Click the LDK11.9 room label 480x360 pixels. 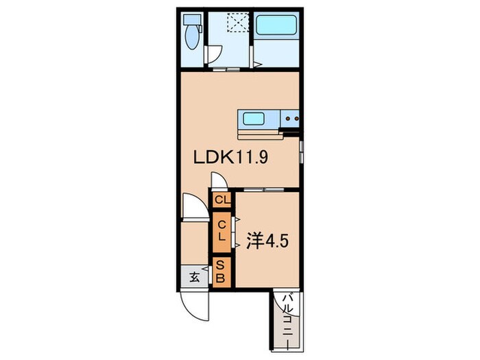(231, 158)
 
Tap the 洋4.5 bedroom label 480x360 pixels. (267, 241)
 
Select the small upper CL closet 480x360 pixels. (222, 200)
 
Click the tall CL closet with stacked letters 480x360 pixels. (221, 232)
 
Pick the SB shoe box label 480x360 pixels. (221, 272)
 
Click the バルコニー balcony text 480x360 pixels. (288, 320)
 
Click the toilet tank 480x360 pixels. (191, 20)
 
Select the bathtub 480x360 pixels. (276, 25)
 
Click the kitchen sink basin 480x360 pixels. (254, 119)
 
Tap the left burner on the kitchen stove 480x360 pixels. (288, 118)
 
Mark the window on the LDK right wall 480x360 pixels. (302, 152)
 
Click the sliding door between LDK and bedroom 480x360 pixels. (264, 190)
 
